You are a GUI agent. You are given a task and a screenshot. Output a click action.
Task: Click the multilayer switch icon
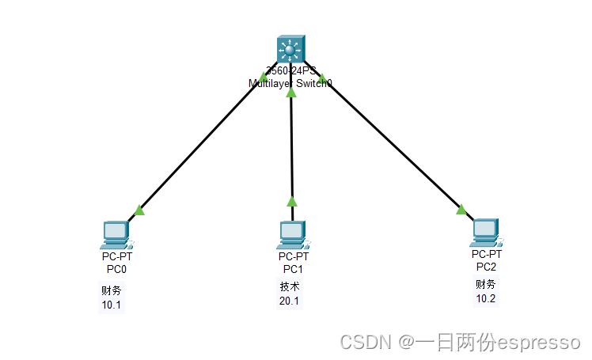(x=290, y=49)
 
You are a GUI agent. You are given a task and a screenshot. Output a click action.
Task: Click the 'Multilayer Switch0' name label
(x=290, y=82)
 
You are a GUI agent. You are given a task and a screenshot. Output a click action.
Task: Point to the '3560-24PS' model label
(x=290, y=71)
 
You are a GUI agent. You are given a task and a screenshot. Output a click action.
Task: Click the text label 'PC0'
(x=116, y=269)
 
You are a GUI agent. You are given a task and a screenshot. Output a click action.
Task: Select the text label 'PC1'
(x=294, y=268)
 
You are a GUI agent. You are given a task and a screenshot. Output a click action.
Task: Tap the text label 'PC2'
(x=486, y=266)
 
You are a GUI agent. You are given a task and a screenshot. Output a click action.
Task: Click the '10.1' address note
(x=111, y=305)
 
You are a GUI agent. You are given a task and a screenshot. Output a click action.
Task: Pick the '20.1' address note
(x=289, y=301)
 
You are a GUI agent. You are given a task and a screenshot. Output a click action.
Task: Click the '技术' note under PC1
(x=289, y=286)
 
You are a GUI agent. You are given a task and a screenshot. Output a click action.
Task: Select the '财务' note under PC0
(x=111, y=290)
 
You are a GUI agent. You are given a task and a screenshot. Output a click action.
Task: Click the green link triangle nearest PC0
(x=139, y=210)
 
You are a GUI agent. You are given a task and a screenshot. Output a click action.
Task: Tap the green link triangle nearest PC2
(x=461, y=210)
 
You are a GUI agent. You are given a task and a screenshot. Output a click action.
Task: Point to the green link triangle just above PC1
(x=291, y=201)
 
